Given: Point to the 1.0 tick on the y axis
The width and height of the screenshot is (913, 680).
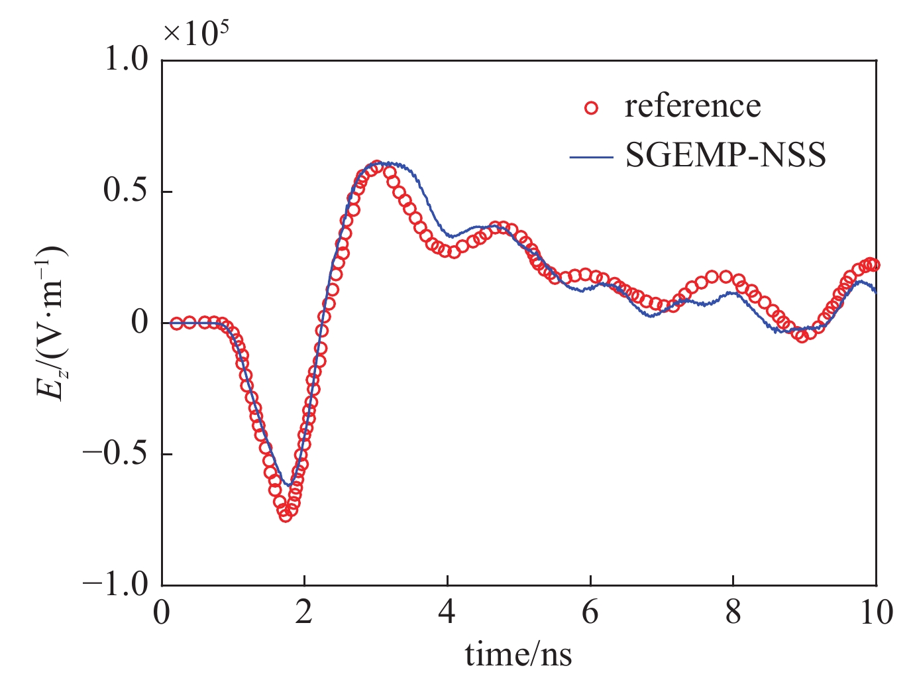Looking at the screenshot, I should pos(126,60).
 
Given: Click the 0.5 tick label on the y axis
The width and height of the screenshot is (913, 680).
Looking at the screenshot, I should pos(126,192).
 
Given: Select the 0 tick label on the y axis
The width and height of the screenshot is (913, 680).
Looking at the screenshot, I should pos(139,323).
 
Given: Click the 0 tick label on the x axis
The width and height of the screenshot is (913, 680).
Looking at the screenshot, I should pos(162,612).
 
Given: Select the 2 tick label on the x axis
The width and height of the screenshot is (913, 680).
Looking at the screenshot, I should pos(304,612).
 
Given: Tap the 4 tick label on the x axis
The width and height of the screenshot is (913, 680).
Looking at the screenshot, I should pos(447,612).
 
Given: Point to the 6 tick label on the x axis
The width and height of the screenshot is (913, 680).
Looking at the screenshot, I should pos(590,612).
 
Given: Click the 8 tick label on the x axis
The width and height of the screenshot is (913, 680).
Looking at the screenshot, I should pos(733,612).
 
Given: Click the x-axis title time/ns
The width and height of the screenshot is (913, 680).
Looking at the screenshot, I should pos(518,654).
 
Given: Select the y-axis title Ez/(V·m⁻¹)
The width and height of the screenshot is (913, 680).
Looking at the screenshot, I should pos(52,323).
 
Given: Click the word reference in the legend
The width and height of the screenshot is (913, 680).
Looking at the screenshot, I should pos(692,106).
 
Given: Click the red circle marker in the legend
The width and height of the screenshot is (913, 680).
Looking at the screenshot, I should pos(591,107).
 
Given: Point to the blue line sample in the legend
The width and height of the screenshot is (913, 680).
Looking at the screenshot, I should pos(591,158).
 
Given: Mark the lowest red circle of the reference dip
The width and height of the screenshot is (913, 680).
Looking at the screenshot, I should pos(286,515).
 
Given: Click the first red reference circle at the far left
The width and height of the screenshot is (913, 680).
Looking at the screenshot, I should pos(176,323).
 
